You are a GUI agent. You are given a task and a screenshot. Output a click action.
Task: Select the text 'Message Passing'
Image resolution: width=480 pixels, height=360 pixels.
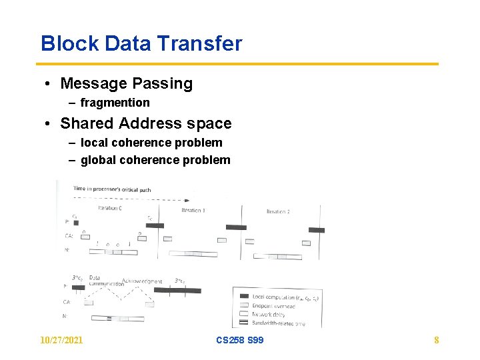126,84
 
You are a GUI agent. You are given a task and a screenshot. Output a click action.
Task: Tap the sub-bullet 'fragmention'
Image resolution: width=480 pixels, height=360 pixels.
115,103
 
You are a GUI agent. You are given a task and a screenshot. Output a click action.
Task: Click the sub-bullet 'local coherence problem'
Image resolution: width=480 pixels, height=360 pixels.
151,143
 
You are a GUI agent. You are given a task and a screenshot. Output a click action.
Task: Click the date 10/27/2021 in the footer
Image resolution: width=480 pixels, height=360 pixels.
61,340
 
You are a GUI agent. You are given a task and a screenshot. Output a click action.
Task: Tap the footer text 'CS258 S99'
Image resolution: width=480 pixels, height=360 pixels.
240,340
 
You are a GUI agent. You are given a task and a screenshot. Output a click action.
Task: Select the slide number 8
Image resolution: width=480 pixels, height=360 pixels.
437,340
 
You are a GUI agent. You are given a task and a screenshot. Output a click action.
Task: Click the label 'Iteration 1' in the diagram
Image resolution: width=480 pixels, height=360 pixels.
193,211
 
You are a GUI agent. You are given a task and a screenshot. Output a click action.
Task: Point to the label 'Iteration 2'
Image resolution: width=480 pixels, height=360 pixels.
278,211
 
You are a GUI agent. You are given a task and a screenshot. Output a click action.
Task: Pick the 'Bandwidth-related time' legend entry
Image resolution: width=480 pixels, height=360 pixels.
279,323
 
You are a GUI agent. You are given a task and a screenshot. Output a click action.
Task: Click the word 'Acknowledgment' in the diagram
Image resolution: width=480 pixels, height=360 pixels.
142,281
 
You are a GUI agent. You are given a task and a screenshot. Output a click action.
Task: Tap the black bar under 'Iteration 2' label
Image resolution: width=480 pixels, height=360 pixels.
317,230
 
